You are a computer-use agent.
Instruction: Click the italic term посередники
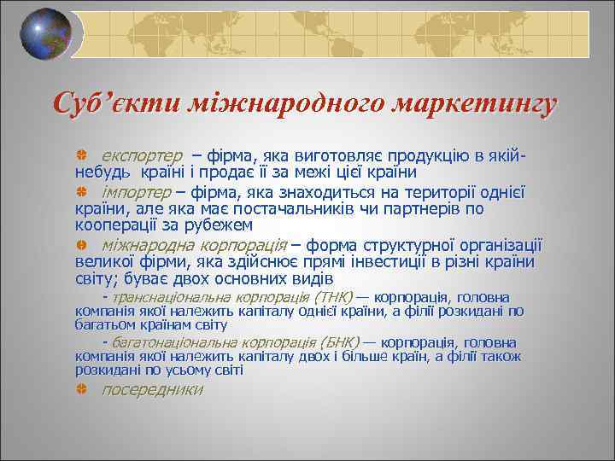[152, 389]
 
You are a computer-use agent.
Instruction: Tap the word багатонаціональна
[167, 341]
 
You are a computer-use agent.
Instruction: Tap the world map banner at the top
[333, 33]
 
